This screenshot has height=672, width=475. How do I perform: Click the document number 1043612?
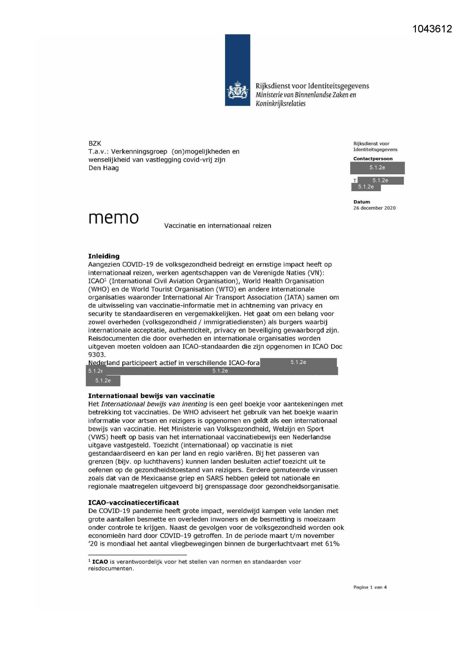432,29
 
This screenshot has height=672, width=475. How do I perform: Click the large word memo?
113,218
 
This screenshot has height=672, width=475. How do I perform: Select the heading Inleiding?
104,256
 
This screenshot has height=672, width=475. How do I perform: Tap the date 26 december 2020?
374,208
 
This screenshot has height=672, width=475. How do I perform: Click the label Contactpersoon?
372,159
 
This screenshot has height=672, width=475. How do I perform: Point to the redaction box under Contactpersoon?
377,168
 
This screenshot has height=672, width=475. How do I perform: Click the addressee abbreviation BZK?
95,143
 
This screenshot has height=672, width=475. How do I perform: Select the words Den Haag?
103,168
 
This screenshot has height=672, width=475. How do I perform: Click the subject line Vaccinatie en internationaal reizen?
217,226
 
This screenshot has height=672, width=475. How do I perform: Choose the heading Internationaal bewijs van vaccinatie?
151,396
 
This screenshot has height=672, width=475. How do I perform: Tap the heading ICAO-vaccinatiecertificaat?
133,502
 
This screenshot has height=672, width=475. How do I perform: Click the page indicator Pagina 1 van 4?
370,587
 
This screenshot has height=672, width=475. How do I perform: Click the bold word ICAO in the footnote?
100,562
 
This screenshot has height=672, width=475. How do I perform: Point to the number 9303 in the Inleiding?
96,355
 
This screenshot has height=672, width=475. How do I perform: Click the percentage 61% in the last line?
332,544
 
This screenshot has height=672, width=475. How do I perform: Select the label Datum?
361,202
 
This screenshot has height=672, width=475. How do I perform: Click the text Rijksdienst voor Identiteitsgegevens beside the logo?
312,86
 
